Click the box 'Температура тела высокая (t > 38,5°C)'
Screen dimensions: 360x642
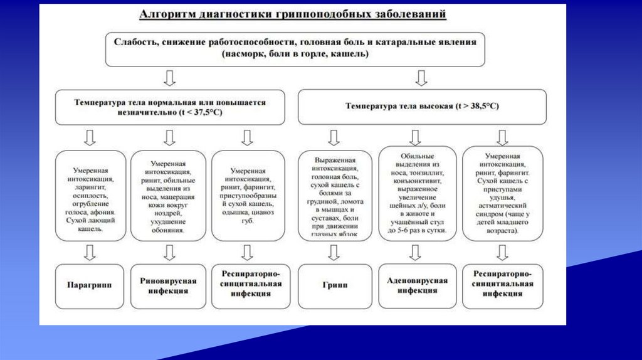(421, 107)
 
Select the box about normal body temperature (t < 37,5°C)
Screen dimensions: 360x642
(170, 107)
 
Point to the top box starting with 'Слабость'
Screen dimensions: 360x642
(295, 49)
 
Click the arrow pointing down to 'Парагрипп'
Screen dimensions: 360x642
(90, 253)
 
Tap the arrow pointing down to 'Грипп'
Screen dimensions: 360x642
(334, 253)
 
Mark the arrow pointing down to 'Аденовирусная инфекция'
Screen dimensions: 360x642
(414, 253)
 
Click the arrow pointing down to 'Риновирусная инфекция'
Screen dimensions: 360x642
(169, 253)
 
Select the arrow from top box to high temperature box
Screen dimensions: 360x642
(421, 78)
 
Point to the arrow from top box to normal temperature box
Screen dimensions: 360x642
(169, 78)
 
